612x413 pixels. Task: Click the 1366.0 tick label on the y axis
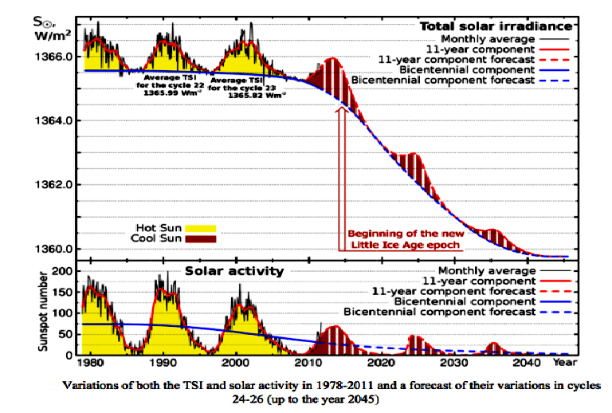tap(53, 57)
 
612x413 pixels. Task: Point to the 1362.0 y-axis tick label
tap(53, 185)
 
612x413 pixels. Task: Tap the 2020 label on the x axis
tap(381, 363)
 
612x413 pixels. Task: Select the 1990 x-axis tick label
tap(163, 363)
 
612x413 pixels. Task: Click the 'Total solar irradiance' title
tap(496, 26)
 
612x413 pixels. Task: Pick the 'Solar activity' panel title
tap(234, 271)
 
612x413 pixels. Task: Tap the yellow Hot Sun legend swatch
tap(201, 228)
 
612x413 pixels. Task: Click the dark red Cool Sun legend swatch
tap(201, 239)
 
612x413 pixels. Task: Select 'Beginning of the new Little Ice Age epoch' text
tap(406, 239)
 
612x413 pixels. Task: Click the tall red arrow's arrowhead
tap(342, 109)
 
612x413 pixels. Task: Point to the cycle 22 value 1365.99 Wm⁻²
tap(172, 93)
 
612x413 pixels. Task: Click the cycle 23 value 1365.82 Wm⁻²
tap(257, 95)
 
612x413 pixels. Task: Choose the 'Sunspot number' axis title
tap(43, 312)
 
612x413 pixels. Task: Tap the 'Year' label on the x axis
tap(565, 363)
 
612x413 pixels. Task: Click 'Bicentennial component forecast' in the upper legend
tap(442, 81)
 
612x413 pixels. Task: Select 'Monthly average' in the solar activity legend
tap(487, 270)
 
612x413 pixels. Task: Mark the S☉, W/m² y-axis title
tap(53, 29)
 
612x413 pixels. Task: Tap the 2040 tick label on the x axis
tap(526, 363)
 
